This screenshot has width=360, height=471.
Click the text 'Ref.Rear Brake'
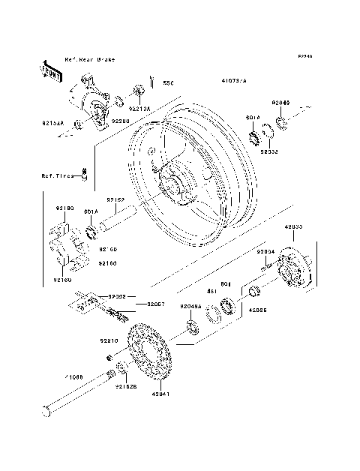pyautogui.click(x=90, y=59)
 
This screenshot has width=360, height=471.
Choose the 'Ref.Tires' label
pyautogui.click(x=58, y=176)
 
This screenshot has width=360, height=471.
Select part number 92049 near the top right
pyautogui.click(x=280, y=101)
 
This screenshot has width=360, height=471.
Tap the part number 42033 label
pyautogui.click(x=294, y=226)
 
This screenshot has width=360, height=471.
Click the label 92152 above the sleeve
pyautogui.click(x=114, y=200)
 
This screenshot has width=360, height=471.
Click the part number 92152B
pyautogui.click(x=127, y=387)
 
